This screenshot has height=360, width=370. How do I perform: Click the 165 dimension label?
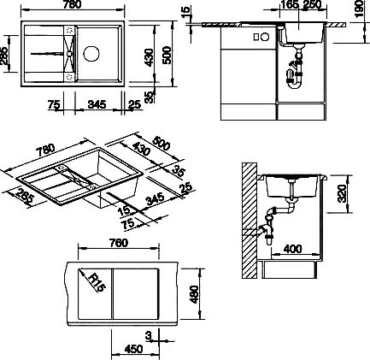pyautogui.click(x=290, y=4)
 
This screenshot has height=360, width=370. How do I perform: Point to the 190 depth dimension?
pyautogui.click(x=360, y=9)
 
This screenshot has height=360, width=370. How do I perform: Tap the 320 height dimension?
pyautogui.click(x=342, y=193)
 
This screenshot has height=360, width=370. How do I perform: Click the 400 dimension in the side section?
pyautogui.click(x=292, y=249)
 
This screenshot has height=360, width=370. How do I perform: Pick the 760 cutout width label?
pyautogui.click(x=119, y=243)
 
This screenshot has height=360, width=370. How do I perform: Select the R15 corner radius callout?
pyautogui.click(x=97, y=282)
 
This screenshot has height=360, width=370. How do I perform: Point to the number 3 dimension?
pyautogui.click(x=149, y=336)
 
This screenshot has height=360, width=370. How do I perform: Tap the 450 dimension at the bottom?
pyautogui.click(x=133, y=349)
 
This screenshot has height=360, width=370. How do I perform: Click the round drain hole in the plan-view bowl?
pyautogui.click(x=91, y=54)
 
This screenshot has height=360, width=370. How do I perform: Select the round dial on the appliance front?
pyautogui.click(x=265, y=37)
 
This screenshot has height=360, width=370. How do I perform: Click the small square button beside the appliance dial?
pyautogui.click(x=256, y=37)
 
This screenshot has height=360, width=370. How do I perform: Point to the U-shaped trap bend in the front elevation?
pyautogui.click(x=295, y=84)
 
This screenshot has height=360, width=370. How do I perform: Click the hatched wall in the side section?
pyautogui.click(x=250, y=221)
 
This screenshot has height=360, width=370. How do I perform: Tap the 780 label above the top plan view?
pyautogui.click(x=73, y=4)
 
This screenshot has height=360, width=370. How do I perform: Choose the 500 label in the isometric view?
pyautogui.click(x=162, y=144)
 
